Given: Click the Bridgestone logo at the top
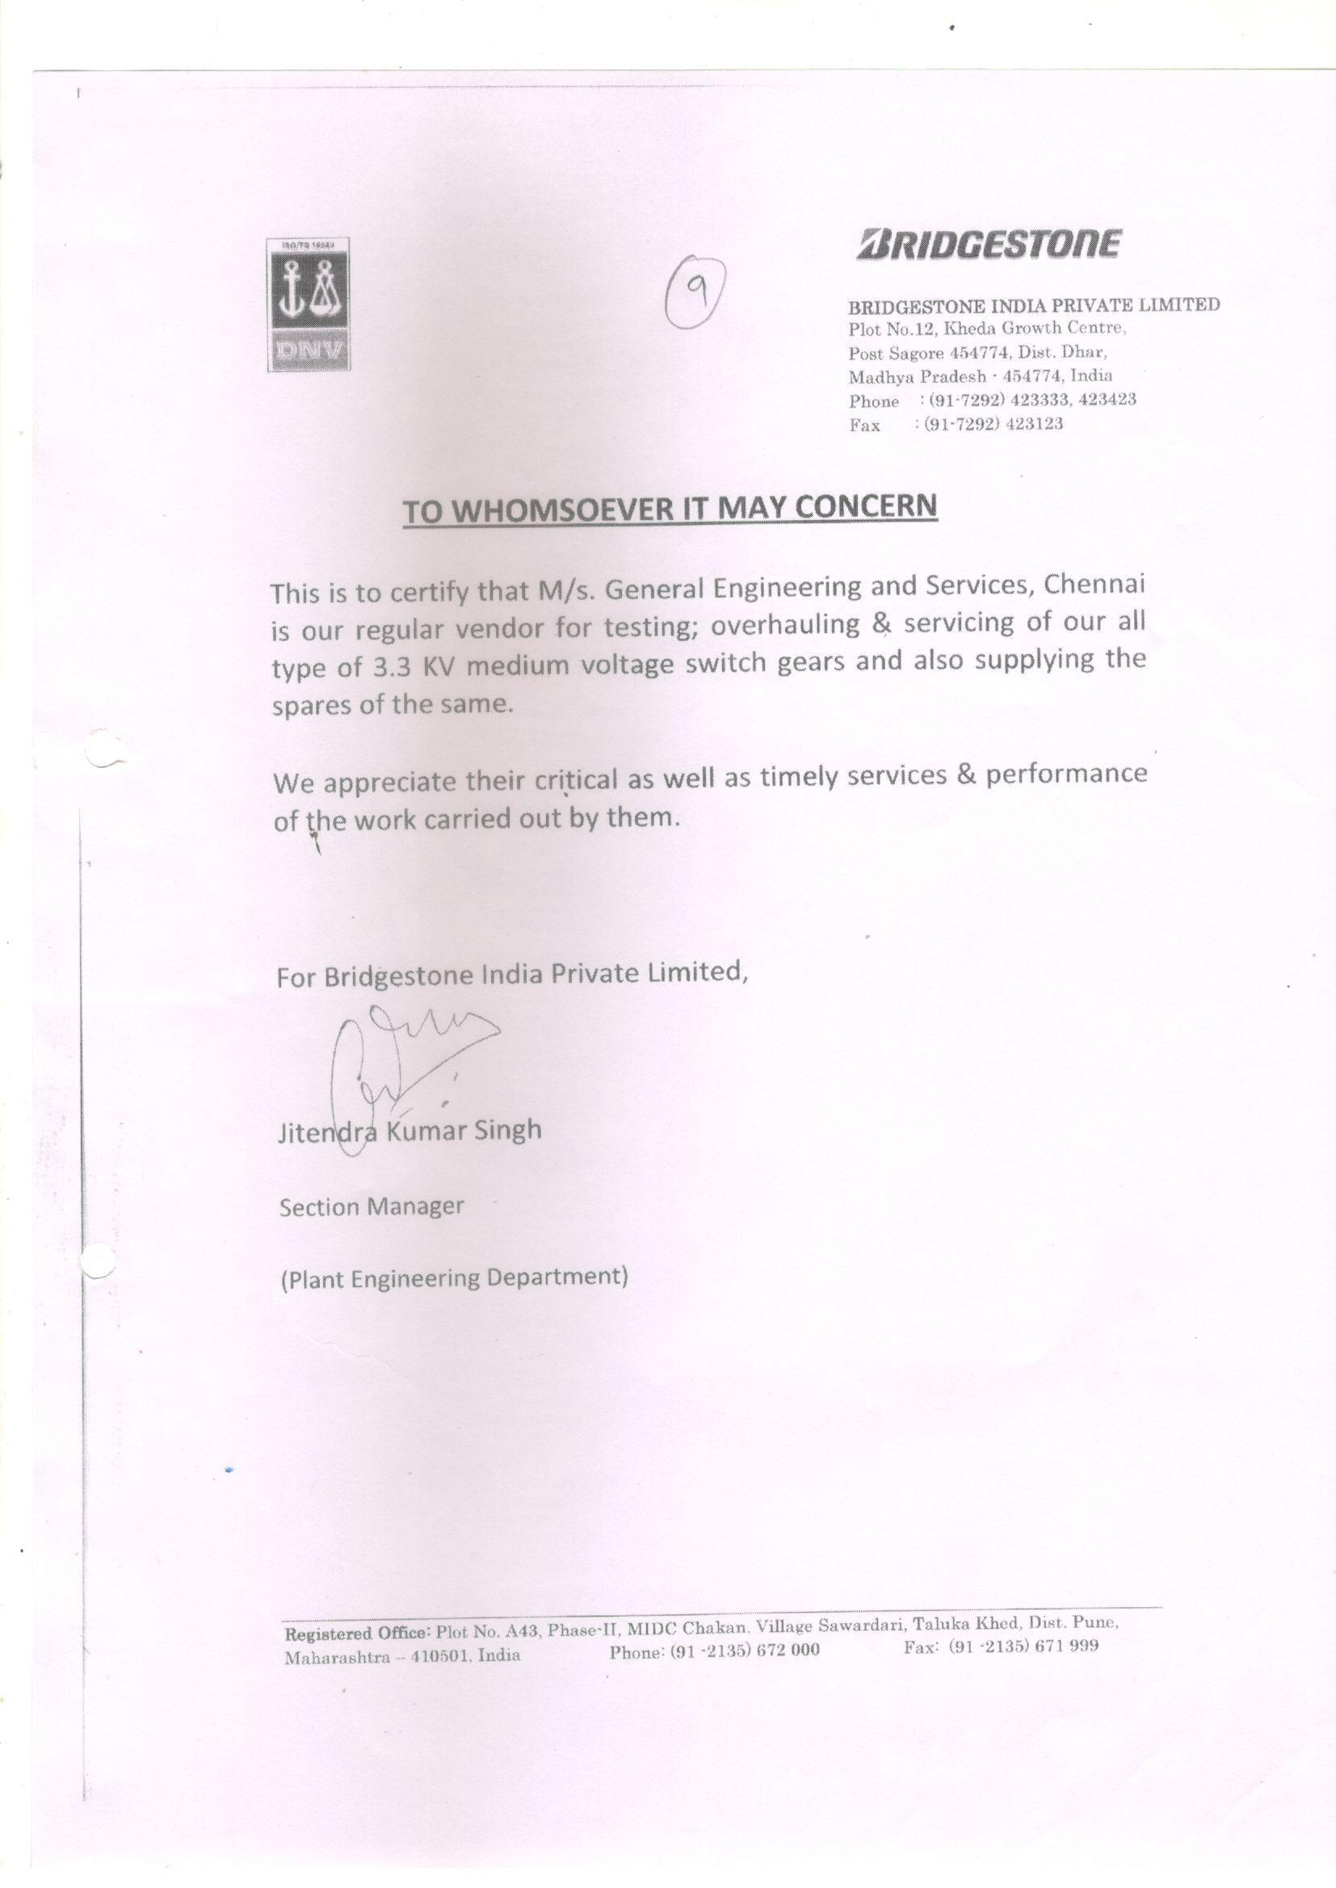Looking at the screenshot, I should click(988, 244).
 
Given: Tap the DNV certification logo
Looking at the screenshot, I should click(306, 304).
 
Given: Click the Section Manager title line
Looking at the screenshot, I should click(372, 1206).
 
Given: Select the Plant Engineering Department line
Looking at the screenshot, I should click(454, 1278).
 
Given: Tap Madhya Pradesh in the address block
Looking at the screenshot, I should click(918, 376).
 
